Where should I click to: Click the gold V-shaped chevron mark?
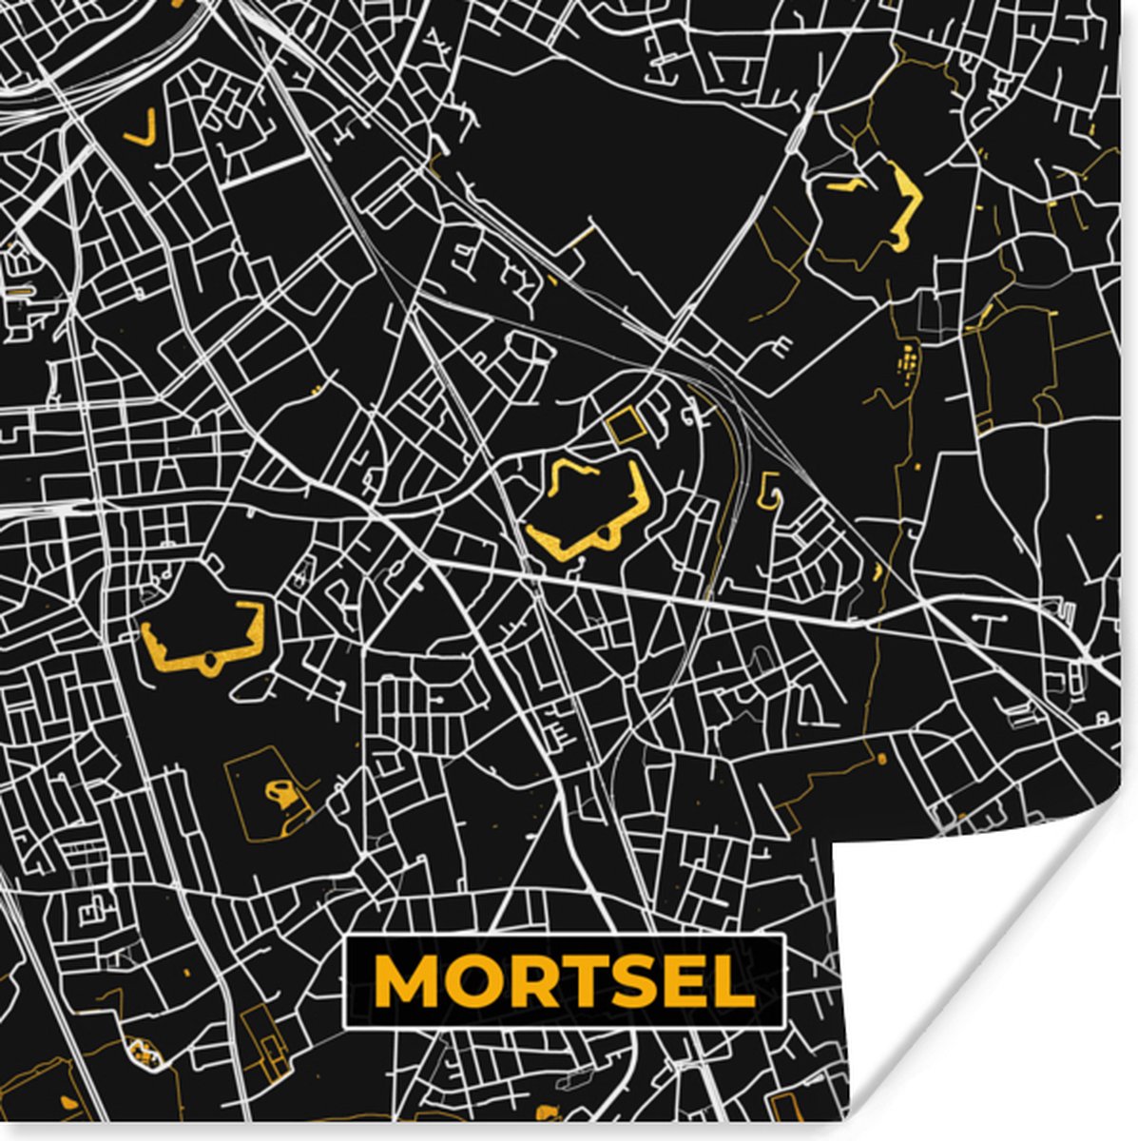pos(141,128)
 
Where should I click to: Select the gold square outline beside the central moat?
pos(626,427)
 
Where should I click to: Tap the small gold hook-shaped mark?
pos(769,490)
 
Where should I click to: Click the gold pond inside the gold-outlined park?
pos(282,792)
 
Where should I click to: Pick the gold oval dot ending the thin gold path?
pos(881,759)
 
